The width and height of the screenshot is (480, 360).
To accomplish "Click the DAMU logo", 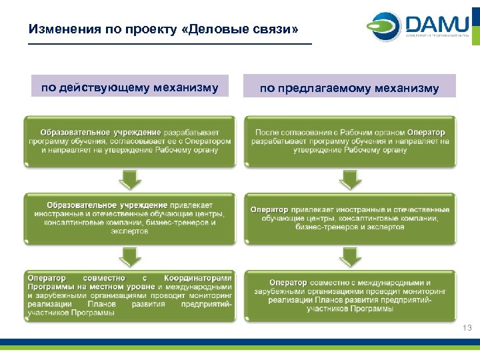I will tap(417, 27).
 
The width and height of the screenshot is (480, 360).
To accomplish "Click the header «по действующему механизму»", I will tap(129, 87).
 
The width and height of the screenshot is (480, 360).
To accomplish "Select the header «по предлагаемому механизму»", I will tap(349, 88).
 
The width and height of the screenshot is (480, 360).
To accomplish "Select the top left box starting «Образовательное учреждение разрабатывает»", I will tap(130, 141).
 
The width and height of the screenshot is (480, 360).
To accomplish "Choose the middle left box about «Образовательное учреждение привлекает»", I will tap(130, 217).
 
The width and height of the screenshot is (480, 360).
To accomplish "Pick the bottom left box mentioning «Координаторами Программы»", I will tap(130, 295).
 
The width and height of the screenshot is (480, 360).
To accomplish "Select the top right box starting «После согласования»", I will tap(350, 141).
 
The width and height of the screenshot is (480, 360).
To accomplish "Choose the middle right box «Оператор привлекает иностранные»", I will tap(350, 217).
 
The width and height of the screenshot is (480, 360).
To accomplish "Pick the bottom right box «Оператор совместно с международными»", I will tap(350, 295).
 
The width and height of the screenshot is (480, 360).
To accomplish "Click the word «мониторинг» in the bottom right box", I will tap(421, 291).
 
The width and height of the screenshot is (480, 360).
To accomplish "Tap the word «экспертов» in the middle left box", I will tap(130, 231).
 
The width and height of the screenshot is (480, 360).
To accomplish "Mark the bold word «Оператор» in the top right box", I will tap(426, 133).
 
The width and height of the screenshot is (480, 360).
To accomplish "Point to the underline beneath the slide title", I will tap(170, 45).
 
